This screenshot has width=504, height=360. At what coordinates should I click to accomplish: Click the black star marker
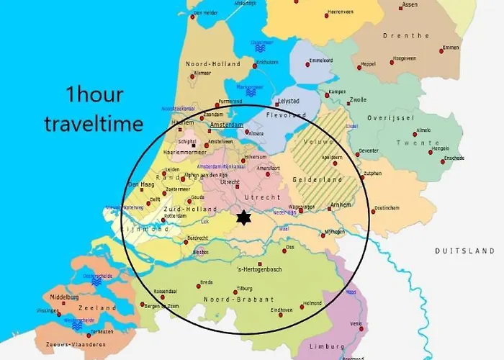pos(244,217)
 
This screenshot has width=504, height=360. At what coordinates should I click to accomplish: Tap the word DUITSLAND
pos(464,251)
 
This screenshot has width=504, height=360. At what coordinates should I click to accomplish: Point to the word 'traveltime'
pos(94,123)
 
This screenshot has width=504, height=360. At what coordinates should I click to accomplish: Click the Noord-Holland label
pos(212,64)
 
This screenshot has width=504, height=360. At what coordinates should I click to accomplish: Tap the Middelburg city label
pos(59,297)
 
